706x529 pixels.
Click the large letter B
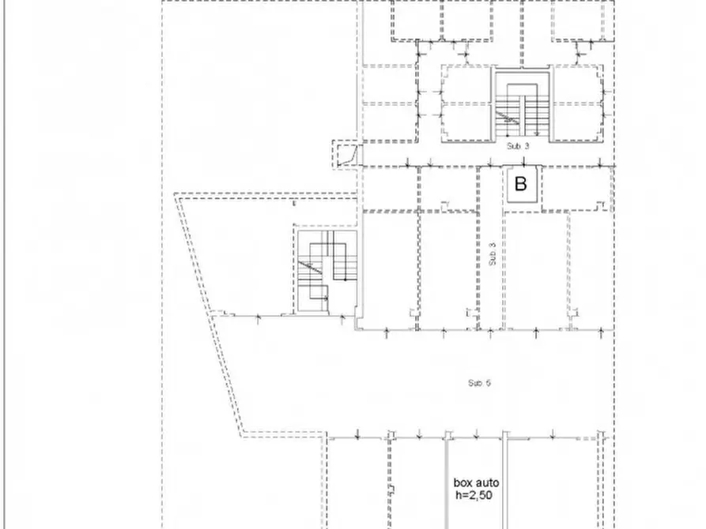coord(520,184)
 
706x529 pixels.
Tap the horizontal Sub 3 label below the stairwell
coord(518,146)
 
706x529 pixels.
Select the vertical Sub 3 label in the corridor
coord(492,253)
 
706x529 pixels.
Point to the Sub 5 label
coord(479,383)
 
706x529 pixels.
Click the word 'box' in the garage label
coord(462,483)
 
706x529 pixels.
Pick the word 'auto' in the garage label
coord(487,483)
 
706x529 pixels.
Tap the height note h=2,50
coord(474,496)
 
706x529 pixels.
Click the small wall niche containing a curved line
coord(345,154)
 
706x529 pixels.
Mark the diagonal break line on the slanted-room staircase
coord(311,267)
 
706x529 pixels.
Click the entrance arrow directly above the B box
coord(523,162)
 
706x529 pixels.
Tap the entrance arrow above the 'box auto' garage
coord(476,434)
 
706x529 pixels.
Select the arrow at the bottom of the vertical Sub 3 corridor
coord(490,333)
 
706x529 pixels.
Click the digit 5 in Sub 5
coord(489,383)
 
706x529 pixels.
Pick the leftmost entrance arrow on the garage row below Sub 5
coord(357,434)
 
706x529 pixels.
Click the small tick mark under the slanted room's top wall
coord(294,204)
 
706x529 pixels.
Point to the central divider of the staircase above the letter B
coord(523,114)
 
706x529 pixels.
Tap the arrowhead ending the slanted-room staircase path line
coord(326,298)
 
